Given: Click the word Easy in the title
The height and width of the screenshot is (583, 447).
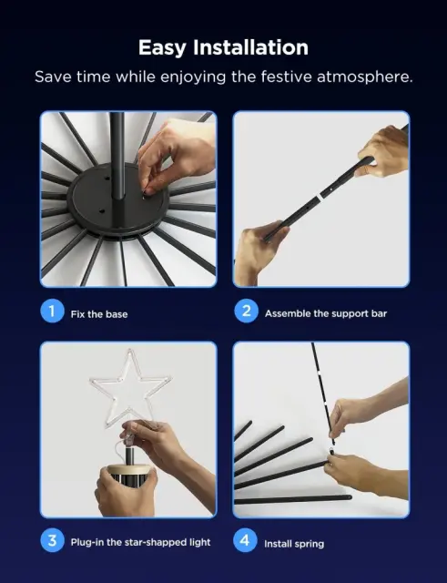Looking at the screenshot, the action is [162, 48].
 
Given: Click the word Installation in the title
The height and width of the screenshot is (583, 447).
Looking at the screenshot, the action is [250, 47].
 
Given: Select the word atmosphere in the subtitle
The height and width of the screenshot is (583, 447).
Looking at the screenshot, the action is [364, 77].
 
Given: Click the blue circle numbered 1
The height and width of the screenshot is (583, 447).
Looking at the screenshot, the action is [52, 311].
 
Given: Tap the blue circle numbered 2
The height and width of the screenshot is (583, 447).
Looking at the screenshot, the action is [246, 311].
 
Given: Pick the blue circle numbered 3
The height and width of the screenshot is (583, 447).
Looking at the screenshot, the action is [52, 540].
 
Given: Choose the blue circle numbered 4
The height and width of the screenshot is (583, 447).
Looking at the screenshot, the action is [245, 540].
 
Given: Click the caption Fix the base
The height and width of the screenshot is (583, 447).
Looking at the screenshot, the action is [99, 314].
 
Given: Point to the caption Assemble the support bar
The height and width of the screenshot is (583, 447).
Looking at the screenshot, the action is [326, 313].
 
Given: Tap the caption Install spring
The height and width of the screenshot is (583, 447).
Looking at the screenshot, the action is [294, 544].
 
